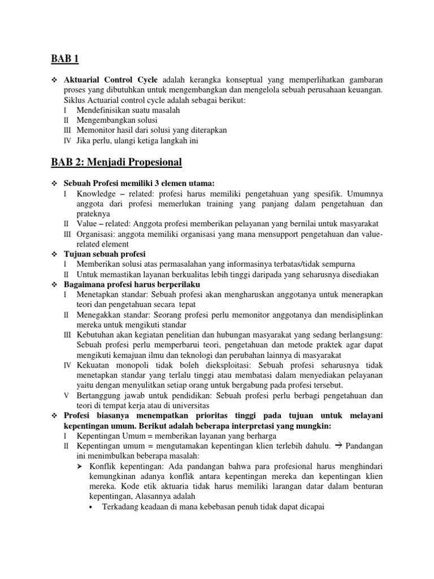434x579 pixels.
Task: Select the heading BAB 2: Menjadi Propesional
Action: coord(116,163)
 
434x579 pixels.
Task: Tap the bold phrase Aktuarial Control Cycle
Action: coord(110,79)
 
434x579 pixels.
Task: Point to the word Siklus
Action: coord(74,100)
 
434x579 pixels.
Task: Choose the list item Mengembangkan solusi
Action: coord(118,120)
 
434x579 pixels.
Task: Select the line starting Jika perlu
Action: coord(138,140)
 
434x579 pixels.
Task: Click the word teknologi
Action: coord(220,355)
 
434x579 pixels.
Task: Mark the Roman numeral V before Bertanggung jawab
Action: coord(66,395)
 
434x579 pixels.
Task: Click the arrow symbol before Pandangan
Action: coord(339,446)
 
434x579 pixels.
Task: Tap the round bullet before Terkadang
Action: coord(92,507)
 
